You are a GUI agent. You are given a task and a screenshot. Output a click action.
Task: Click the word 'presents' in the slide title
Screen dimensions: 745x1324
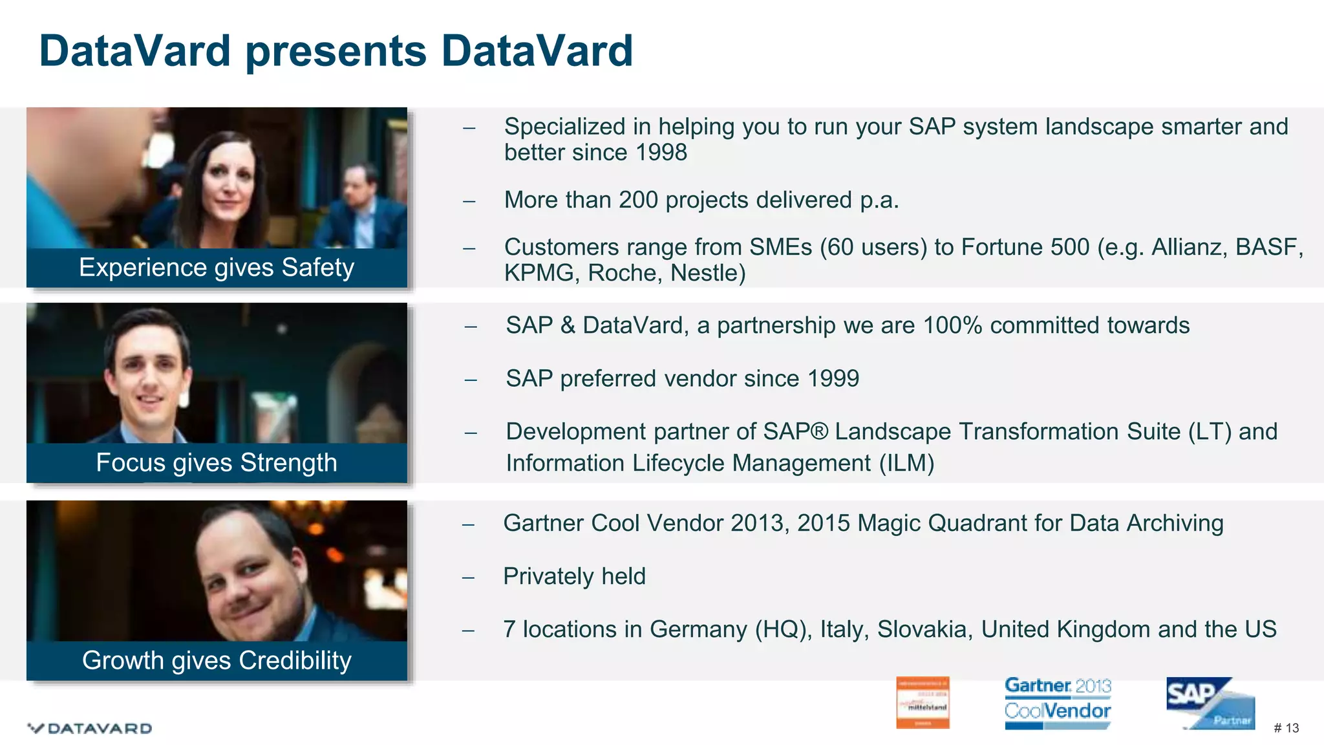[336, 52]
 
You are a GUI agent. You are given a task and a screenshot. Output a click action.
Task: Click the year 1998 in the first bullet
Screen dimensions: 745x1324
[661, 153]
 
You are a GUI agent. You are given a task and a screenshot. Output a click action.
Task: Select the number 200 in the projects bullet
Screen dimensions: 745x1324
[638, 200]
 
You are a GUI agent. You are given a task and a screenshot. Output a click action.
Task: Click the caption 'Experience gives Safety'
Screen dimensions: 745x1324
[217, 268]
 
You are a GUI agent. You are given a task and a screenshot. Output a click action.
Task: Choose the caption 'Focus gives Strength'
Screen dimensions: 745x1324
[217, 463]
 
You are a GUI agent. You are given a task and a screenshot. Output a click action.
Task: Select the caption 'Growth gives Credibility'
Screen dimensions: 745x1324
[217, 661]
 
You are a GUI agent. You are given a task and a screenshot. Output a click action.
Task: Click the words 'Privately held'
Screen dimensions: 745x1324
[574, 576]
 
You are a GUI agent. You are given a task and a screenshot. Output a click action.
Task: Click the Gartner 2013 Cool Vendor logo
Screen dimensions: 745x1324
[1058, 703]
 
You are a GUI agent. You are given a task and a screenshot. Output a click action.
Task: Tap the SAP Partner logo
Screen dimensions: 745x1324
[1210, 703]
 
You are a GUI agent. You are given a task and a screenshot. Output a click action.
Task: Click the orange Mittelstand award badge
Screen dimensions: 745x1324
[923, 703]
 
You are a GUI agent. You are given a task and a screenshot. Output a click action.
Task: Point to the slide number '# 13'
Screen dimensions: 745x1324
[1286, 728]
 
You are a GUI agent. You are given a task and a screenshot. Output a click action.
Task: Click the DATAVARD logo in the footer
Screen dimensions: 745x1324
[91, 728]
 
